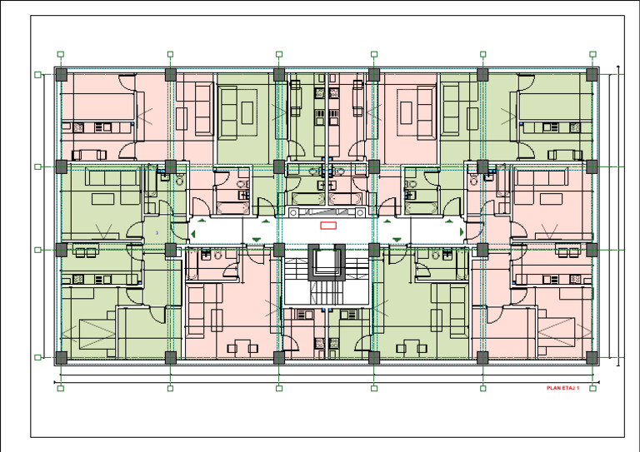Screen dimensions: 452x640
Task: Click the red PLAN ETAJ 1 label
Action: tap(562, 388)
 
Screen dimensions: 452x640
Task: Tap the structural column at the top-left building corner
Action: tap(61, 75)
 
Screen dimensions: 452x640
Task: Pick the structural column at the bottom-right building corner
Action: tap(592, 357)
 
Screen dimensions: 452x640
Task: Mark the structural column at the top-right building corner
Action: tap(592, 75)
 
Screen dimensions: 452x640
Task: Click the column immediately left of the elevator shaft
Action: tap(279, 249)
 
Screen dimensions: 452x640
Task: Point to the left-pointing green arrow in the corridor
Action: tap(192, 233)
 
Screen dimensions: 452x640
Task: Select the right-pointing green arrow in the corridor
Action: tap(461, 232)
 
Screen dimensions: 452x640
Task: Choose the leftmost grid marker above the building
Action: tap(61, 54)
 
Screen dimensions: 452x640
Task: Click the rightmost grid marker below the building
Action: tap(592, 388)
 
